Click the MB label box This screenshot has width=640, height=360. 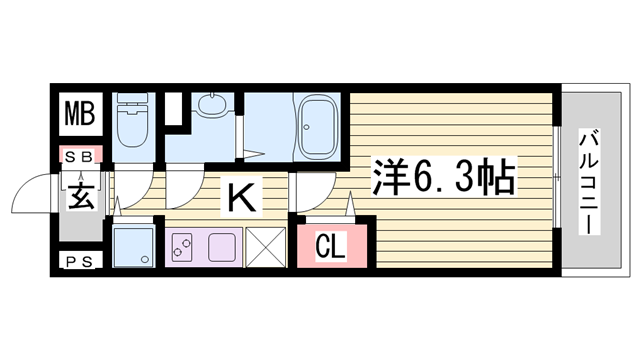pyautogui.click(x=80, y=112)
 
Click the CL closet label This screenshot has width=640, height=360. pyautogui.click(x=331, y=245)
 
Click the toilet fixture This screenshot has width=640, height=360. pyautogui.click(x=130, y=122)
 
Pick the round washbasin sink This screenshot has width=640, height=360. pyautogui.click(x=211, y=107)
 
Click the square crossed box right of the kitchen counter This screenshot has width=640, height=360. pyautogui.click(x=265, y=246)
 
